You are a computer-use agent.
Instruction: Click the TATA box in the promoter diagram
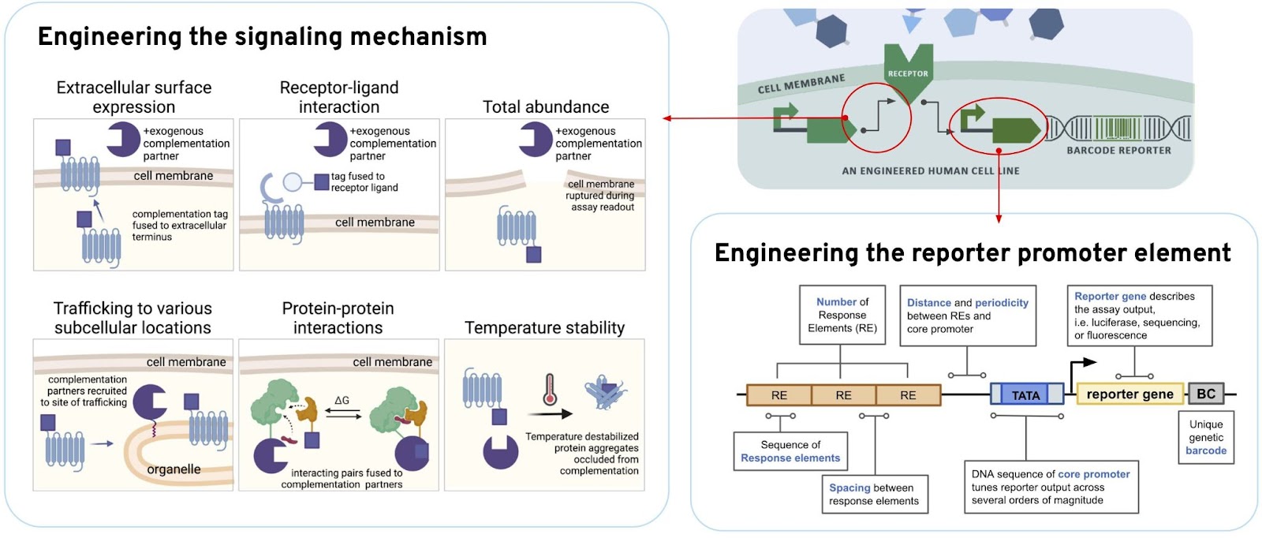coord(1026,394)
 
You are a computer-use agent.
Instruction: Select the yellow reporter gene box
coord(1129,394)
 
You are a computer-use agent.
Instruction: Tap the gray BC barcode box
coord(1206,393)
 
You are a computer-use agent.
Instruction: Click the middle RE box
coord(843,395)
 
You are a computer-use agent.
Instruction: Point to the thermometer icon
coord(550,389)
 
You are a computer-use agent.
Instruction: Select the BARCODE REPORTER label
coord(1119,151)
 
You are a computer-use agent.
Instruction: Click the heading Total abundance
coord(545,106)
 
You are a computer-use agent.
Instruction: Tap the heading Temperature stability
coord(544,327)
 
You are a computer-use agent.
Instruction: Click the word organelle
coord(174,469)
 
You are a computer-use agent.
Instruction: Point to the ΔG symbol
coord(342,400)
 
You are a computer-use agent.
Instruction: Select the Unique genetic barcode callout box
coord(1206,437)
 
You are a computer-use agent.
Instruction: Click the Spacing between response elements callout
coord(875,494)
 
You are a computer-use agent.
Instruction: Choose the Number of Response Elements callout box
coord(842,314)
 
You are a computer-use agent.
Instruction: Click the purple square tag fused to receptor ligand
coord(322,182)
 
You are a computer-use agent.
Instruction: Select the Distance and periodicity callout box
coord(967,316)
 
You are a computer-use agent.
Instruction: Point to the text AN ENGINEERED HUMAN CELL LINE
coord(931,170)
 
